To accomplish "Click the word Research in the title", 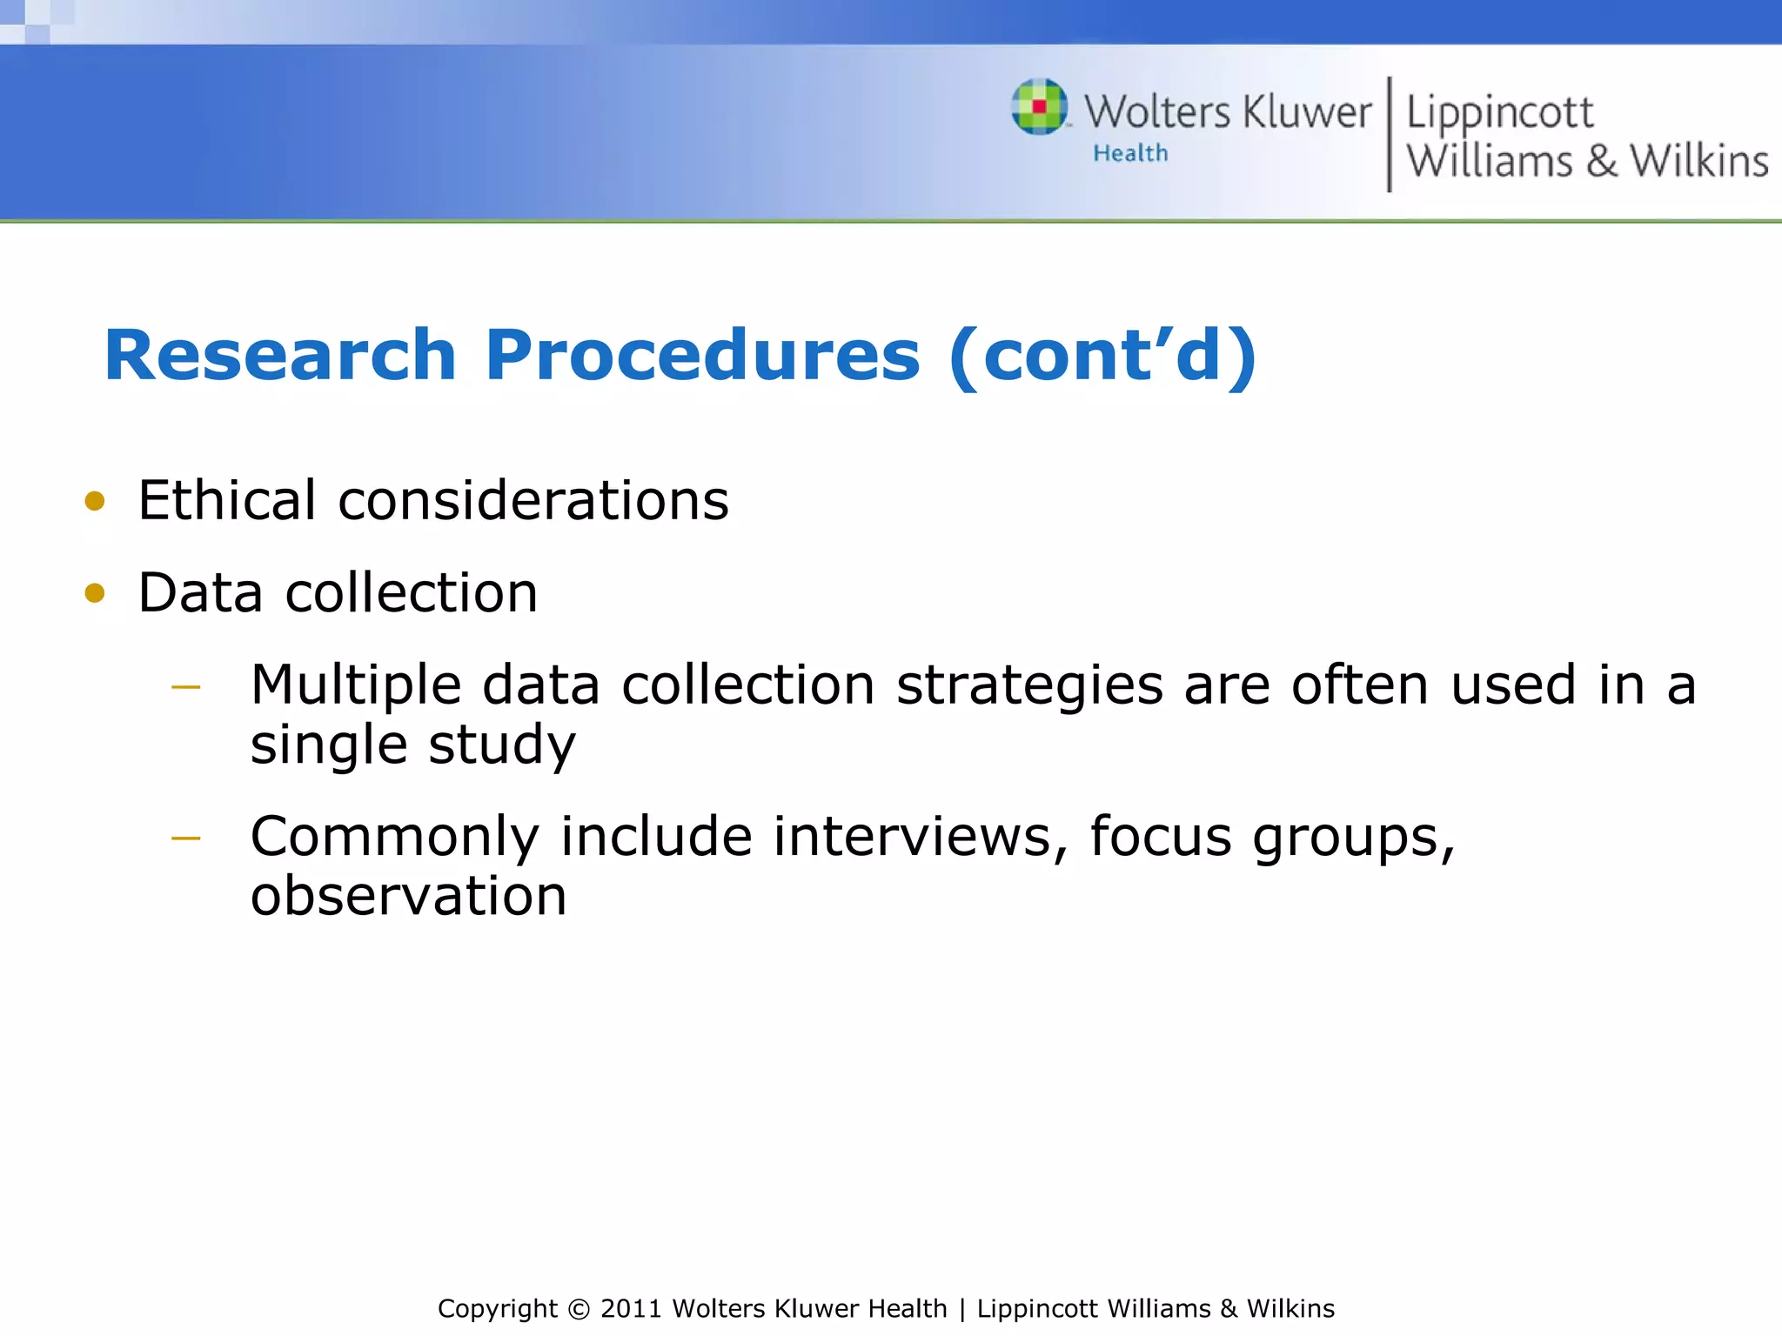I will pyautogui.click(x=280, y=356).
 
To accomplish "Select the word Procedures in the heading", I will pyautogui.click(x=702, y=356).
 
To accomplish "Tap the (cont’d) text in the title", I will pyautogui.click(x=1102, y=356).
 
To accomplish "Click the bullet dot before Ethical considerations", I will pyautogui.click(x=95, y=501).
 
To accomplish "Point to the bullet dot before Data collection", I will pyautogui.click(x=95, y=593).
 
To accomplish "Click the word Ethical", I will pyautogui.click(x=226, y=501).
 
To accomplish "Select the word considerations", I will pyautogui.click(x=533, y=503).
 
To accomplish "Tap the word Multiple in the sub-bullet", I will pyautogui.click(x=355, y=686).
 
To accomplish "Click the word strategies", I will pyautogui.click(x=1029, y=686).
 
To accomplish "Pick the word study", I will pyautogui.click(x=502, y=746).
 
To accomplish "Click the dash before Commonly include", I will pyautogui.click(x=186, y=838).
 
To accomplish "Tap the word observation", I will pyautogui.click(x=408, y=896).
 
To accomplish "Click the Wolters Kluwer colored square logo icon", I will pyautogui.click(x=1039, y=107).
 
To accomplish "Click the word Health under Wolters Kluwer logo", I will pyautogui.click(x=1130, y=154).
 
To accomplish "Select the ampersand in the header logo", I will pyautogui.click(x=1601, y=162).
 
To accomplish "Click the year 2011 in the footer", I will pyautogui.click(x=632, y=1309).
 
